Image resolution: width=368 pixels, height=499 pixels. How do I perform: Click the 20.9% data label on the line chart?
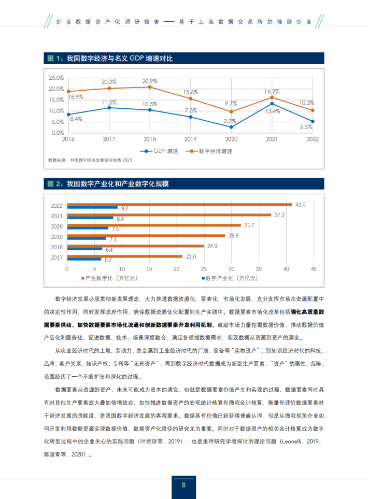point(150,81)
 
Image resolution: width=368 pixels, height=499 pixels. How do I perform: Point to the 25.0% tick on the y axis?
point(56,78)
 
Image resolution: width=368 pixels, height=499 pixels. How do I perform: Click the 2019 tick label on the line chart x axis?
point(190,139)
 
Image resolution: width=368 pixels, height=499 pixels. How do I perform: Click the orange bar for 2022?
point(179,204)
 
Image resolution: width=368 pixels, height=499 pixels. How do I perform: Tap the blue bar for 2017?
point(84,259)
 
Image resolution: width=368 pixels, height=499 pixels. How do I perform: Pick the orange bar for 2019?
point(146,235)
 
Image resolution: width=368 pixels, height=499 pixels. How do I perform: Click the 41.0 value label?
point(300,205)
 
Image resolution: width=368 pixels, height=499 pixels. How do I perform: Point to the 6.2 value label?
point(108,260)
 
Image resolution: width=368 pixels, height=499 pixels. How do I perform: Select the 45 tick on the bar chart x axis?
point(313,269)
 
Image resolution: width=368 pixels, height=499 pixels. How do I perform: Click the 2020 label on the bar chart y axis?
point(57,226)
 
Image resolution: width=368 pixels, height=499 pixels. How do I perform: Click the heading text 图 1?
point(54,59)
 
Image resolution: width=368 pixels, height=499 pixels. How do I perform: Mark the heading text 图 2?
point(54,184)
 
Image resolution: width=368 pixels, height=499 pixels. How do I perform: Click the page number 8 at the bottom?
point(183,486)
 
